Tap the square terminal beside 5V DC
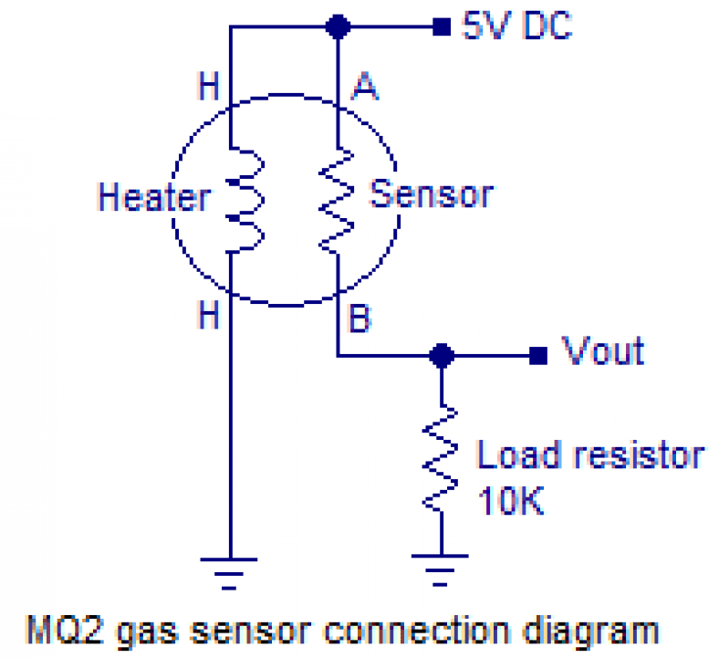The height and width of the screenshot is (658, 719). pyautogui.click(x=442, y=27)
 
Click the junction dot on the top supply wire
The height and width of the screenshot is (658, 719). pyautogui.click(x=339, y=27)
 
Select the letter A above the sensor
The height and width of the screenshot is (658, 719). pyautogui.click(x=365, y=88)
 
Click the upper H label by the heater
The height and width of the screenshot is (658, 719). pyautogui.click(x=209, y=88)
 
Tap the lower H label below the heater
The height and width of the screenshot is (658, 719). pyautogui.click(x=209, y=316)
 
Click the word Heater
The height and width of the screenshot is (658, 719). pyautogui.click(x=153, y=197)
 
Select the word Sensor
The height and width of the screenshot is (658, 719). pyautogui.click(x=431, y=193)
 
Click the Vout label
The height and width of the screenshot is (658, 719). pyautogui.click(x=602, y=350)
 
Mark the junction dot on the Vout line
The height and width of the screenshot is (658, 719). pyautogui.click(x=442, y=355)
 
